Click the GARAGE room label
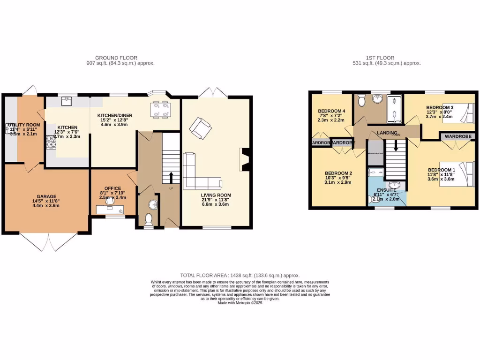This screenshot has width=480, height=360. (46, 196)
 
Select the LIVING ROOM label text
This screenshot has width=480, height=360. (216, 195)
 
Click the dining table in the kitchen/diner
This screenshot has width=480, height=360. (160, 109)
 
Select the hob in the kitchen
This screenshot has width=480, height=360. (50, 142)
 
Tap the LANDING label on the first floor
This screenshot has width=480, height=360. (387, 133)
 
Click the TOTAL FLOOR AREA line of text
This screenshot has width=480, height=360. (240, 276)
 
